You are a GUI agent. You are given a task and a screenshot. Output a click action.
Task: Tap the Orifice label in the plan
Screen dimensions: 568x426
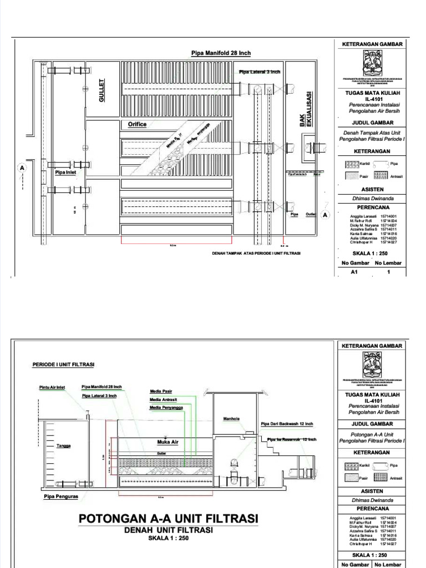pos(137,124)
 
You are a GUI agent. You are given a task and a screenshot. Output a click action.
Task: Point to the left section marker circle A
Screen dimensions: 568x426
pos(22,167)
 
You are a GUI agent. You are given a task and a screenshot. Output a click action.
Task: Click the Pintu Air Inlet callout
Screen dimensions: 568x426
pos(52,387)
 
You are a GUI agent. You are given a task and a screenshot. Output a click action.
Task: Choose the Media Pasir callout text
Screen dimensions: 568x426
pos(161,391)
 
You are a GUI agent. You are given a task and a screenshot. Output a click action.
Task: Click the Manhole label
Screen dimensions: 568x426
pos(231,419)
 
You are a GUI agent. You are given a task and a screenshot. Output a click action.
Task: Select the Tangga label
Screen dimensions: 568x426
pos(63,445)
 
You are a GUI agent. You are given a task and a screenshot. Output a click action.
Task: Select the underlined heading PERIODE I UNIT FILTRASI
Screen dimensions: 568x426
pos(63,364)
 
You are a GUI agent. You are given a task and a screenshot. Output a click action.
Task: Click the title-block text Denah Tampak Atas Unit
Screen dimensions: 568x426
pos(371,132)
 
